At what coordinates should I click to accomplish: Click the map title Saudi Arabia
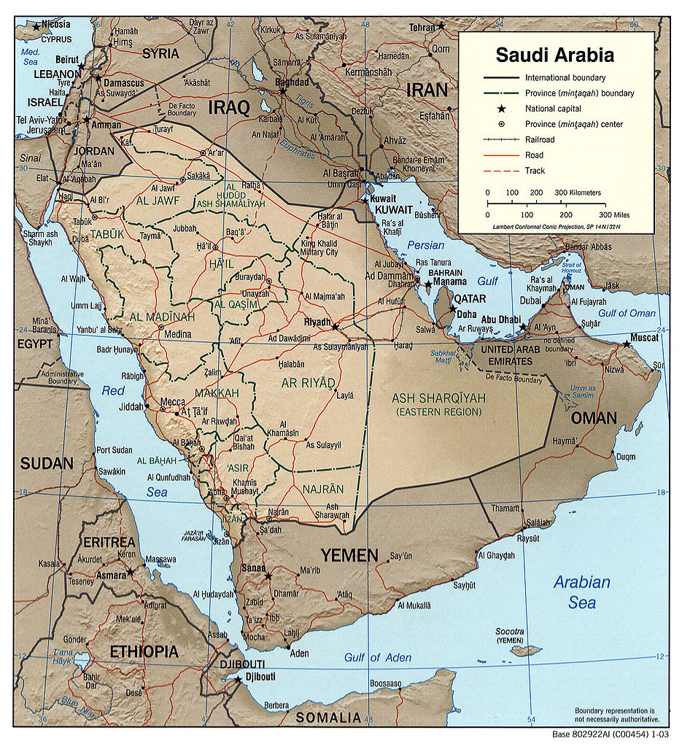click(554, 55)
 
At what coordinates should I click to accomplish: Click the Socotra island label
click(510, 631)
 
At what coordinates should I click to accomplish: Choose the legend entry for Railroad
click(539, 139)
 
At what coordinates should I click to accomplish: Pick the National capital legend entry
click(554, 109)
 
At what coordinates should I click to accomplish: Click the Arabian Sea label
click(581, 592)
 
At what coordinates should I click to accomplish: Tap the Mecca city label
click(172, 401)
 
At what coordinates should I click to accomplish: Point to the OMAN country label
click(593, 418)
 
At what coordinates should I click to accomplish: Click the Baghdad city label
click(292, 82)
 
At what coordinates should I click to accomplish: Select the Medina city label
click(178, 335)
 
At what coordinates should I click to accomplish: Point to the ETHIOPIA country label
click(144, 651)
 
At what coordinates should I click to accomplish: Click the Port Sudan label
click(114, 450)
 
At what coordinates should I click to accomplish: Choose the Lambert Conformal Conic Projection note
click(559, 228)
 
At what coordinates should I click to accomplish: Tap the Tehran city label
click(422, 27)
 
